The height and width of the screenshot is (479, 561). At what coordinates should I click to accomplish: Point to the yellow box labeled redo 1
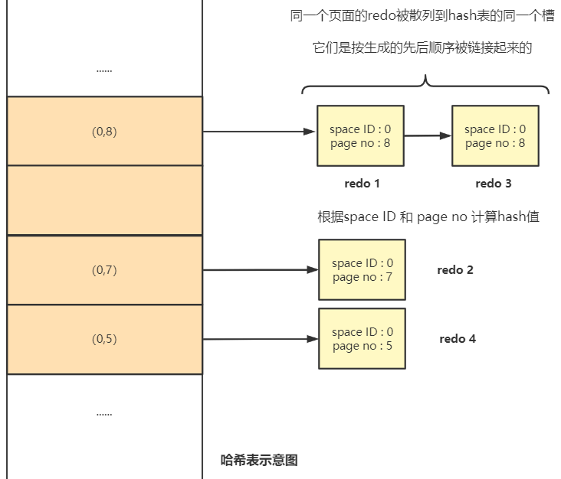click(x=361, y=135)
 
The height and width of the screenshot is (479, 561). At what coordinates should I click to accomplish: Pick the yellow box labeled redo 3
click(x=496, y=135)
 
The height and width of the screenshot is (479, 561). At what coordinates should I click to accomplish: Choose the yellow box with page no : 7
click(x=362, y=269)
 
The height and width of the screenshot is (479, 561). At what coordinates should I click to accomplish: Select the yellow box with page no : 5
click(x=362, y=339)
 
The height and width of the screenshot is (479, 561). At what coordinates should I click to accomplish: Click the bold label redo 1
click(x=362, y=184)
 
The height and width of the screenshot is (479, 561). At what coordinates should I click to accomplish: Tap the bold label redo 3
click(x=494, y=184)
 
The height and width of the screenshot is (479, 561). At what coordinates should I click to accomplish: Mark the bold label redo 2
click(x=455, y=270)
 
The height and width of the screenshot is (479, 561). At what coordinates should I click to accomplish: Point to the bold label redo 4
click(x=458, y=339)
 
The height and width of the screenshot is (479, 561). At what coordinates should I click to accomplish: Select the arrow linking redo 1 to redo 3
click(x=428, y=135)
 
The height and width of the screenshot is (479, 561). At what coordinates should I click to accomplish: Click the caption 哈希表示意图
click(x=259, y=460)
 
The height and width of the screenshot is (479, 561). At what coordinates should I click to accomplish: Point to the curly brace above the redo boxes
click(x=425, y=86)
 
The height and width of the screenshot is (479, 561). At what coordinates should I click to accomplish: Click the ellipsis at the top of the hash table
click(x=104, y=70)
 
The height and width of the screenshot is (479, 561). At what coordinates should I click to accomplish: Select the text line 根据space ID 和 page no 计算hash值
click(x=428, y=217)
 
